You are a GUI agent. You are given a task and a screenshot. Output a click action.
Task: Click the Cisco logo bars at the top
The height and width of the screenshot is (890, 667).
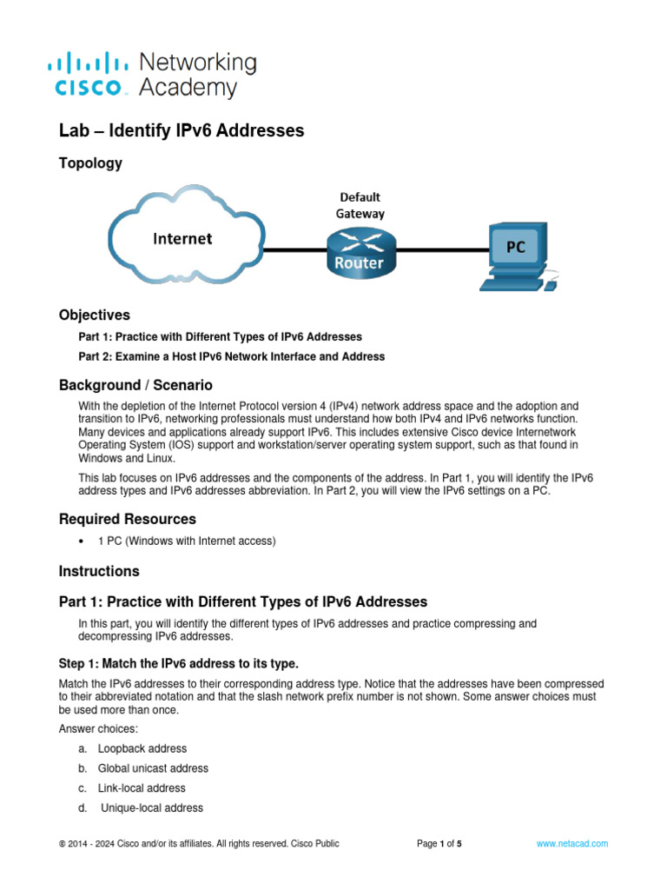[x=88, y=63]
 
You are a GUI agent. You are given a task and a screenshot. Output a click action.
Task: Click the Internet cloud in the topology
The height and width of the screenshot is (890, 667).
[x=187, y=235]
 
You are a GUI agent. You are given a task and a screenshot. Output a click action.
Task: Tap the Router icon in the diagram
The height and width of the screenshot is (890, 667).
[x=361, y=253]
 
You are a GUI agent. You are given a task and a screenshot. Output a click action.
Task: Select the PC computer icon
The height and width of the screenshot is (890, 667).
[x=518, y=256]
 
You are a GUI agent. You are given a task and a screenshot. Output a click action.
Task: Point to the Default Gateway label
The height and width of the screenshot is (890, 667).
[x=360, y=205]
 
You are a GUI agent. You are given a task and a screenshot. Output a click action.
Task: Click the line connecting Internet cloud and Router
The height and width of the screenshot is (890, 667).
[x=295, y=249]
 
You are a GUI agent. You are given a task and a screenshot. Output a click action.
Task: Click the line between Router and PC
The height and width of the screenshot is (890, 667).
[x=443, y=249]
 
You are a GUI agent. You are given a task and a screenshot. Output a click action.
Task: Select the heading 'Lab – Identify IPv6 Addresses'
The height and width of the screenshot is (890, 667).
[x=182, y=130]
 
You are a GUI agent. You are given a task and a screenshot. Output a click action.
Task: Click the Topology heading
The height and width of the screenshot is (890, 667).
[x=90, y=163]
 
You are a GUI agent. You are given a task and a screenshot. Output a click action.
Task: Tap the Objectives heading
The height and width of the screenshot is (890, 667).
[x=95, y=315]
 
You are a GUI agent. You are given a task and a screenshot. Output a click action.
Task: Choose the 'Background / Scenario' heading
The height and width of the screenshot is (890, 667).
[x=135, y=385]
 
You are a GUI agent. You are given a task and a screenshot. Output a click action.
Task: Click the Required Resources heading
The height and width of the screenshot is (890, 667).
[x=128, y=520]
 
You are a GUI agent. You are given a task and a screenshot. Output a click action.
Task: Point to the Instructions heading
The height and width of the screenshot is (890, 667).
[x=99, y=571]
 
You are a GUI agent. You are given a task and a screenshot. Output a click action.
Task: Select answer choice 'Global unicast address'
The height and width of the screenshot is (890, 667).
[x=153, y=768]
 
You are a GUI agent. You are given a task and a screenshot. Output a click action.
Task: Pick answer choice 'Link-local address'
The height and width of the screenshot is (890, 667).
[x=142, y=788]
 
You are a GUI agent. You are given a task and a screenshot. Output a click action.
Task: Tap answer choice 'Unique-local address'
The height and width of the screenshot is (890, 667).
[x=152, y=808]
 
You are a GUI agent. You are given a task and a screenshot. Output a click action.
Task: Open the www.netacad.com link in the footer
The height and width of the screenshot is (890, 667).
[x=572, y=844]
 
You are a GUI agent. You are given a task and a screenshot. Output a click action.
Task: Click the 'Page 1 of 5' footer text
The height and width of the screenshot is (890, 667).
[x=439, y=844]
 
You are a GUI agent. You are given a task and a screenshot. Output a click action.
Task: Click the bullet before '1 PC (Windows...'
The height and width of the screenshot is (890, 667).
[x=82, y=541]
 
